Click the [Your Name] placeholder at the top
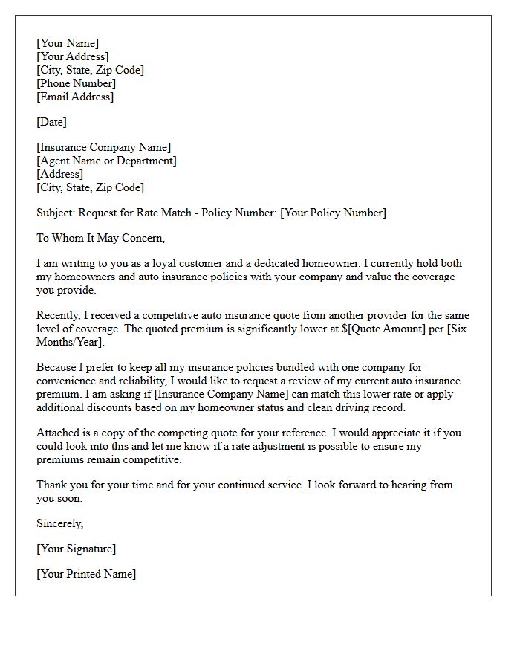(x=68, y=43)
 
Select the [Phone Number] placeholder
(x=76, y=83)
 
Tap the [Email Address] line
(x=75, y=97)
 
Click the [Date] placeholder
(x=51, y=122)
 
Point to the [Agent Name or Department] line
(x=106, y=161)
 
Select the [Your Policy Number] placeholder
(x=333, y=213)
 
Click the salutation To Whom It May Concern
(x=100, y=238)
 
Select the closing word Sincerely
(x=59, y=523)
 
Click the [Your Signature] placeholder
(x=76, y=549)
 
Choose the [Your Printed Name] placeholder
(x=86, y=574)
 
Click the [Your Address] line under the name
(x=72, y=56)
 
